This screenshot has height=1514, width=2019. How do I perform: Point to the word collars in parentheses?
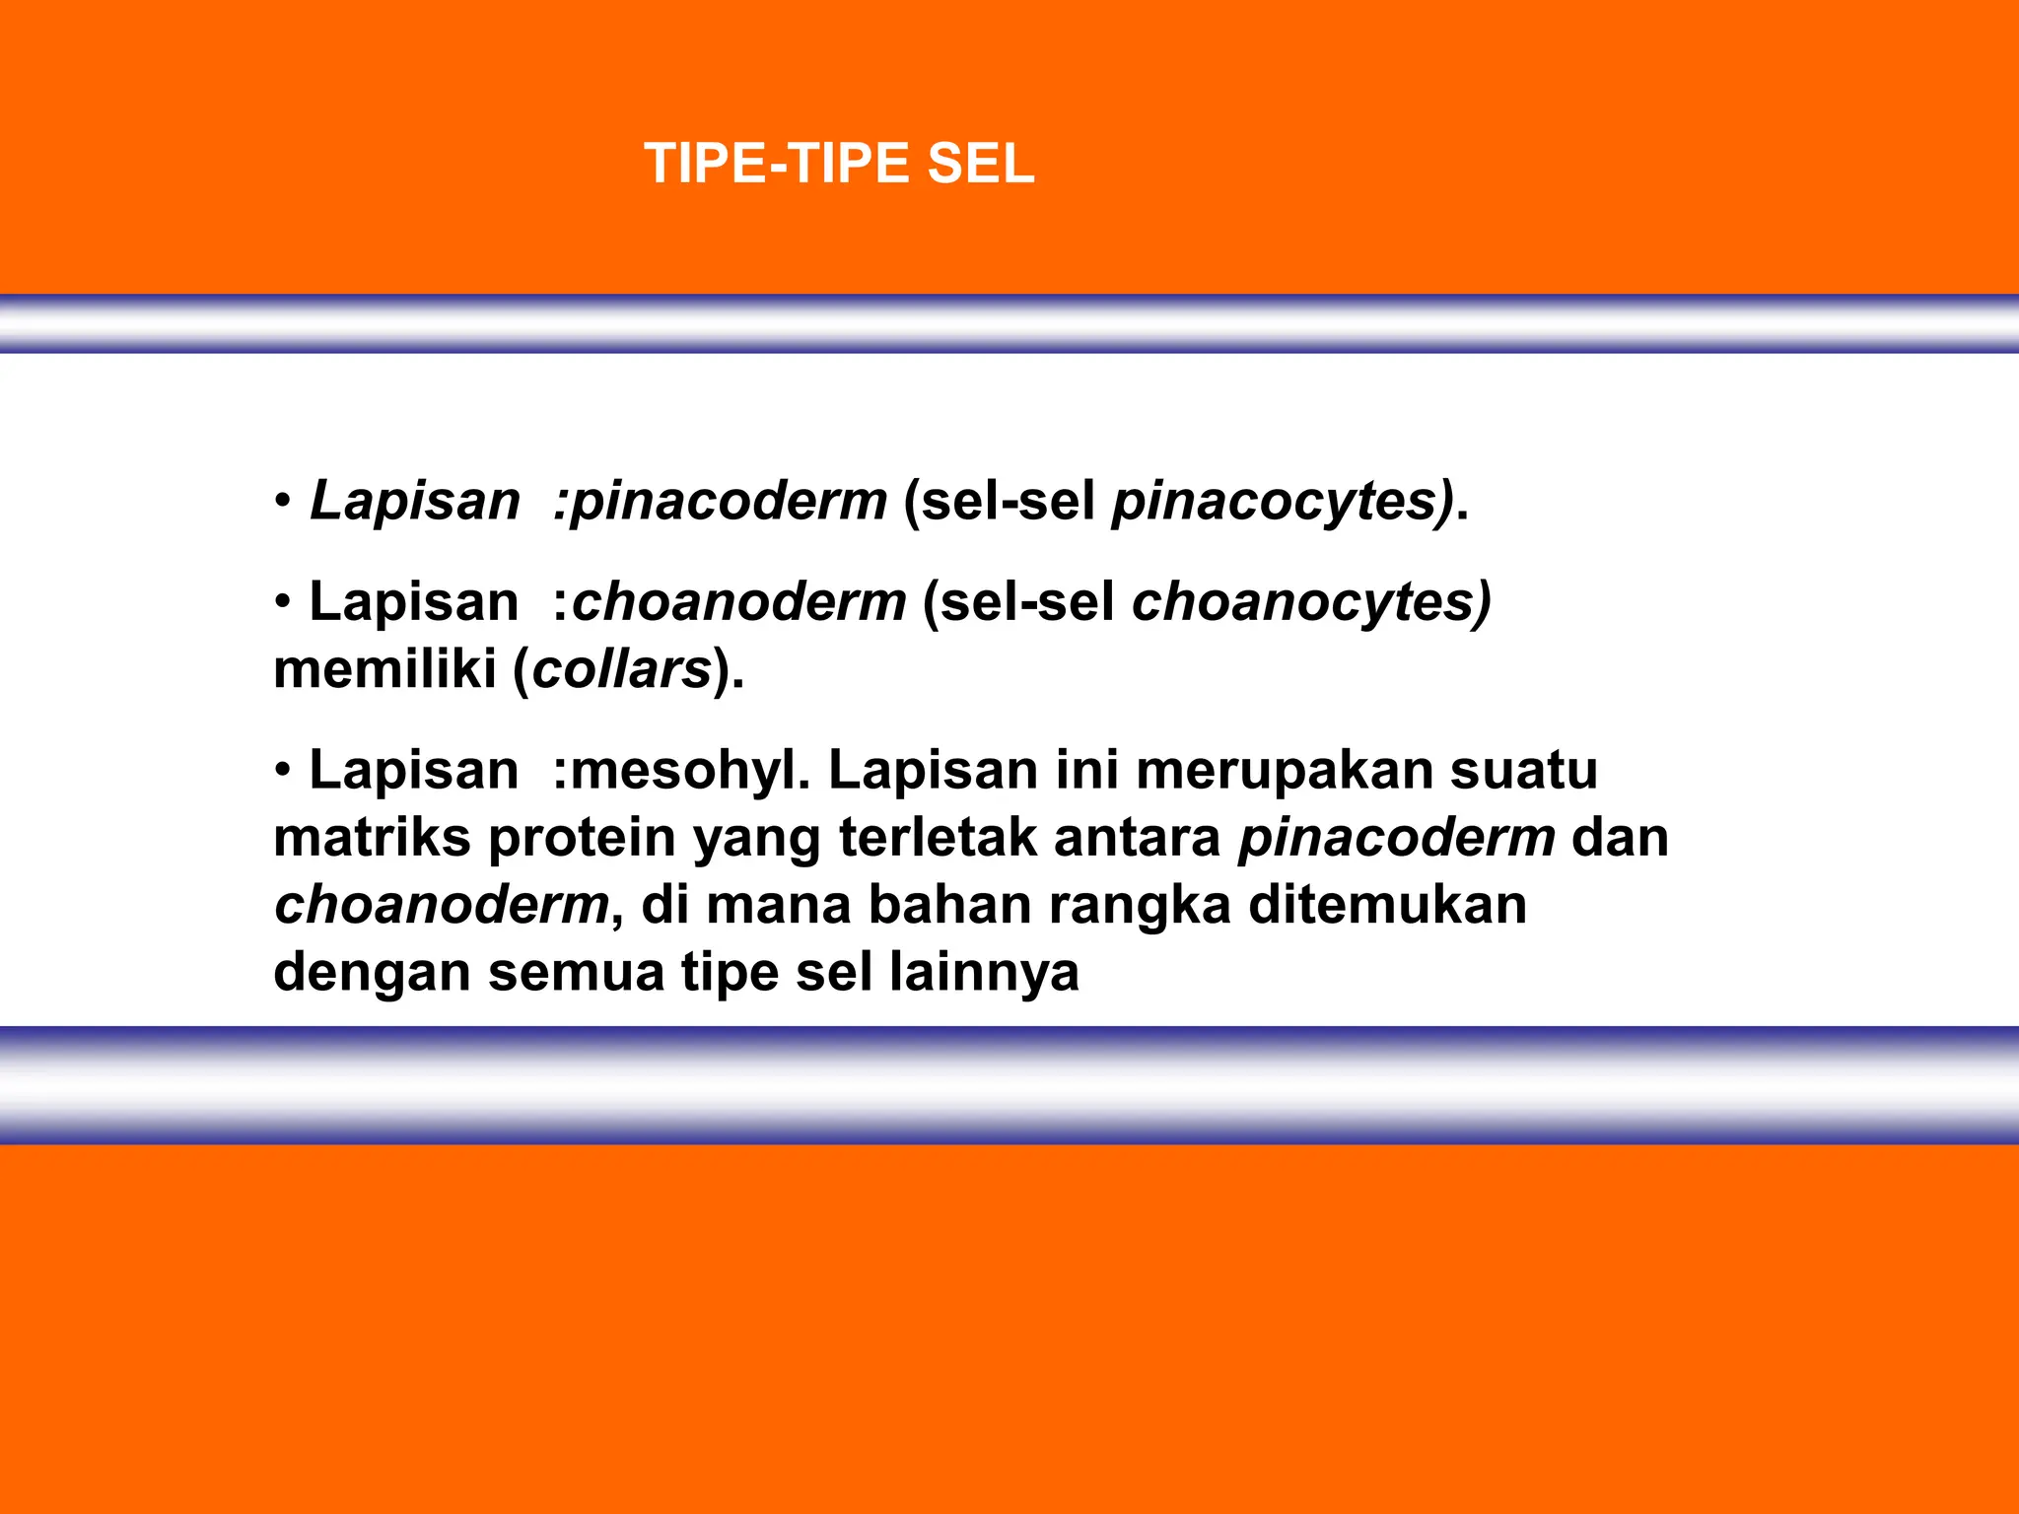622,670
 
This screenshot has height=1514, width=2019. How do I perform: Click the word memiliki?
385,670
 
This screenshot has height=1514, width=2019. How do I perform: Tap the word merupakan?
1283,770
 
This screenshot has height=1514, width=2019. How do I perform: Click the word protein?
582,838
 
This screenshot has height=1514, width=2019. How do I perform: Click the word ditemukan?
1388,905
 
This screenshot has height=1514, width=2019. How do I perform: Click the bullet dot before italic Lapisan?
284,502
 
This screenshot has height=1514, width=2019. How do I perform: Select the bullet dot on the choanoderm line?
284,602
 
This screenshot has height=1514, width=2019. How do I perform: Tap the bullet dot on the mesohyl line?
284,770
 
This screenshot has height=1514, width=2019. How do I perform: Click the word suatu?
1523,770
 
